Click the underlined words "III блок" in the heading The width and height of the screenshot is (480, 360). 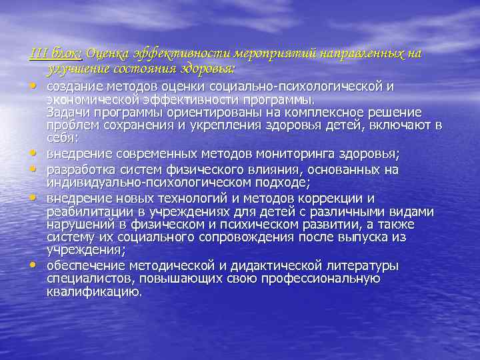57,53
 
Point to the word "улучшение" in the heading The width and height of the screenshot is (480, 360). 77,69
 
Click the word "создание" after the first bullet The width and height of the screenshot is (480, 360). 75,87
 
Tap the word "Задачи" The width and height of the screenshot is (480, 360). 68,111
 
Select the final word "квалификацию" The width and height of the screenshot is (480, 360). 94,291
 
